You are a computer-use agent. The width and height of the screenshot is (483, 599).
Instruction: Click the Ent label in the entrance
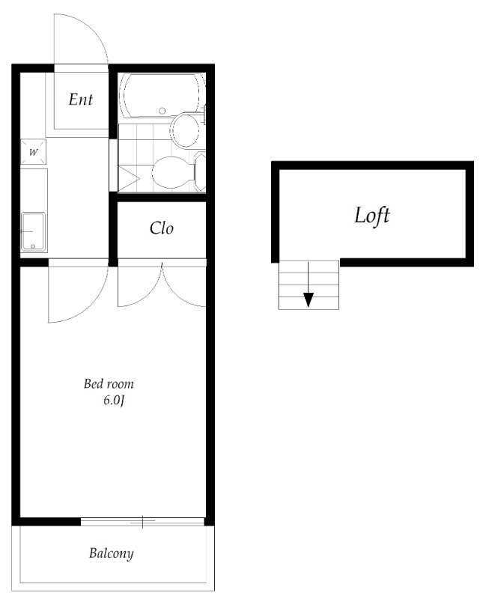coord(81,100)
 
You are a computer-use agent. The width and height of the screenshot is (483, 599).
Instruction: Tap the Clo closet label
coord(162,228)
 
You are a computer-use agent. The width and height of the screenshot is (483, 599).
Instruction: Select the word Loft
coord(372,216)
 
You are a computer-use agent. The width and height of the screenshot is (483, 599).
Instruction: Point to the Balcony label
coord(111,553)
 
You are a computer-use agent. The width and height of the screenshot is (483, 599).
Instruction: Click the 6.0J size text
coord(114,401)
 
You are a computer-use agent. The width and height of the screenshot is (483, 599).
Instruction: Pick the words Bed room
coord(109,383)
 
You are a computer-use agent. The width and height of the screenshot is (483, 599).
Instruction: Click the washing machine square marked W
coord(34,152)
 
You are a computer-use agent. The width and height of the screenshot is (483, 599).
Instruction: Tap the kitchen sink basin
coord(33,232)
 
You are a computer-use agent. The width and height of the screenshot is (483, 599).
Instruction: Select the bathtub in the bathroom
coord(162,95)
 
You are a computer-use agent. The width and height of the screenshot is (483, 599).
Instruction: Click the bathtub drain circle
coord(162,111)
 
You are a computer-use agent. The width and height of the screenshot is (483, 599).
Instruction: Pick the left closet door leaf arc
coord(147,294)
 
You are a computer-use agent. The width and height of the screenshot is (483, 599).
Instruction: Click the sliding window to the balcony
coord(142,521)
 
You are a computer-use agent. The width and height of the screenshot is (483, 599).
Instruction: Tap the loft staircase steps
coord(309,285)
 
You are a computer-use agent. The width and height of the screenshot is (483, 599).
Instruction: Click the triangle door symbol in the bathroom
coord(128,178)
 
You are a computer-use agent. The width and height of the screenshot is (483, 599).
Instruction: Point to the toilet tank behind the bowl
coord(200,172)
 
